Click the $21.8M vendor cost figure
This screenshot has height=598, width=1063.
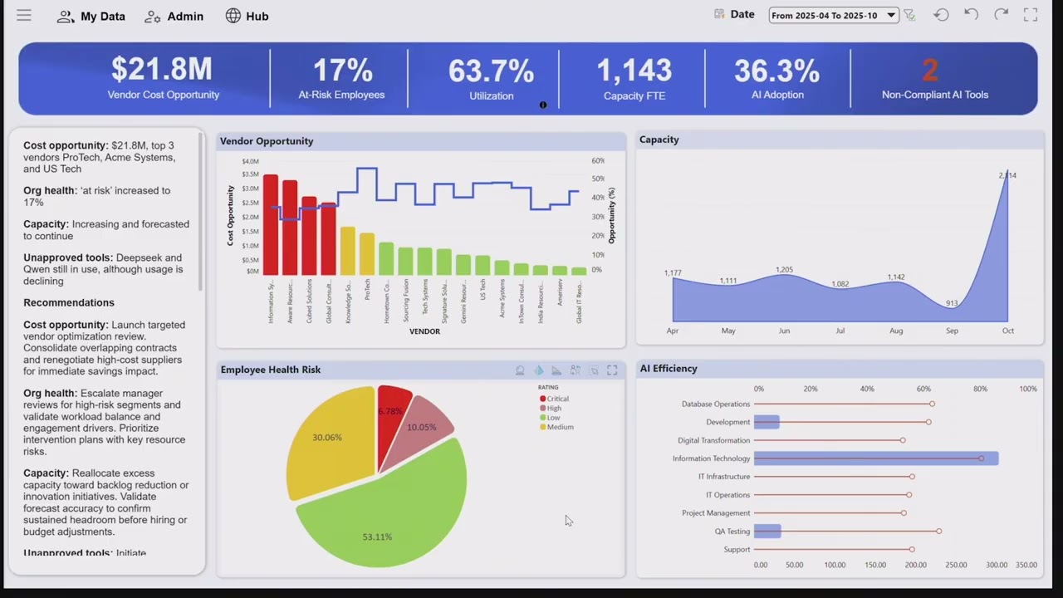point(162,70)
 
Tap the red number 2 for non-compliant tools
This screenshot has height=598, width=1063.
point(929,71)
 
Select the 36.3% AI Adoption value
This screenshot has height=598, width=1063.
point(776,71)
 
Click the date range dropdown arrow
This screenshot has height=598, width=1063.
point(890,15)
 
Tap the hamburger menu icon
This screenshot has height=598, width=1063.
point(24,16)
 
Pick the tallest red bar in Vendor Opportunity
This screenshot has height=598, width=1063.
point(271,224)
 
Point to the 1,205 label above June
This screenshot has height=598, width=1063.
point(784,270)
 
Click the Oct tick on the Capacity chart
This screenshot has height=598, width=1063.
point(1007,331)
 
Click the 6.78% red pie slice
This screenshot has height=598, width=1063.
point(391,410)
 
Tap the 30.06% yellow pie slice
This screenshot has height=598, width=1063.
point(328,440)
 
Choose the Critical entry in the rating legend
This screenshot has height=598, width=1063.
point(557,399)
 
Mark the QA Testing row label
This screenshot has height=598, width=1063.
point(732,532)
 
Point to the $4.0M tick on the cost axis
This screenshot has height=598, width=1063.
point(250,161)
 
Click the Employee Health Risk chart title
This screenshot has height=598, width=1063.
point(271,370)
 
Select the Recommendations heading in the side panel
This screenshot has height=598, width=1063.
point(69,302)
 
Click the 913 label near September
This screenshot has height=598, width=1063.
point(952,303)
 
